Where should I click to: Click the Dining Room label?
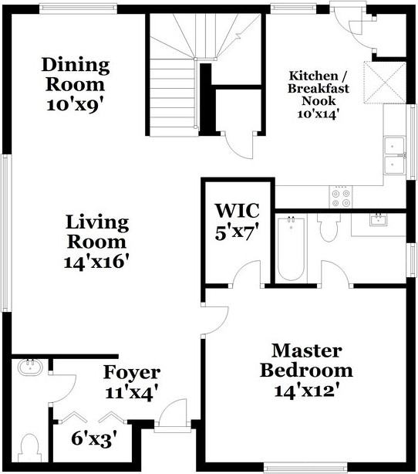76,74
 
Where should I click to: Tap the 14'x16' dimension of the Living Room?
96,262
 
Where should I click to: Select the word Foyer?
132,373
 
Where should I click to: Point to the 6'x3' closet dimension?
94,438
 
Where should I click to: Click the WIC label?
237,211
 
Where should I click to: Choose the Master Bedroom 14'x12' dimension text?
305,391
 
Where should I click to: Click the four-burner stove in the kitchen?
341,197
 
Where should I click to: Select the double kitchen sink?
394,155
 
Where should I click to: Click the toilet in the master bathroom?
329,227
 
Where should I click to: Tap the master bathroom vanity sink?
379,220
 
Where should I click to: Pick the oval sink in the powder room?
30,367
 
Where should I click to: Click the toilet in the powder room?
29,449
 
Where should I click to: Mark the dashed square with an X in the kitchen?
385,83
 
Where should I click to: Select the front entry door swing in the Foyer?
173,412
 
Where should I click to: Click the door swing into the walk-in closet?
246,273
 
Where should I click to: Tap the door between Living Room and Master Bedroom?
216,321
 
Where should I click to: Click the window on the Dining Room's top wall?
78,8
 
